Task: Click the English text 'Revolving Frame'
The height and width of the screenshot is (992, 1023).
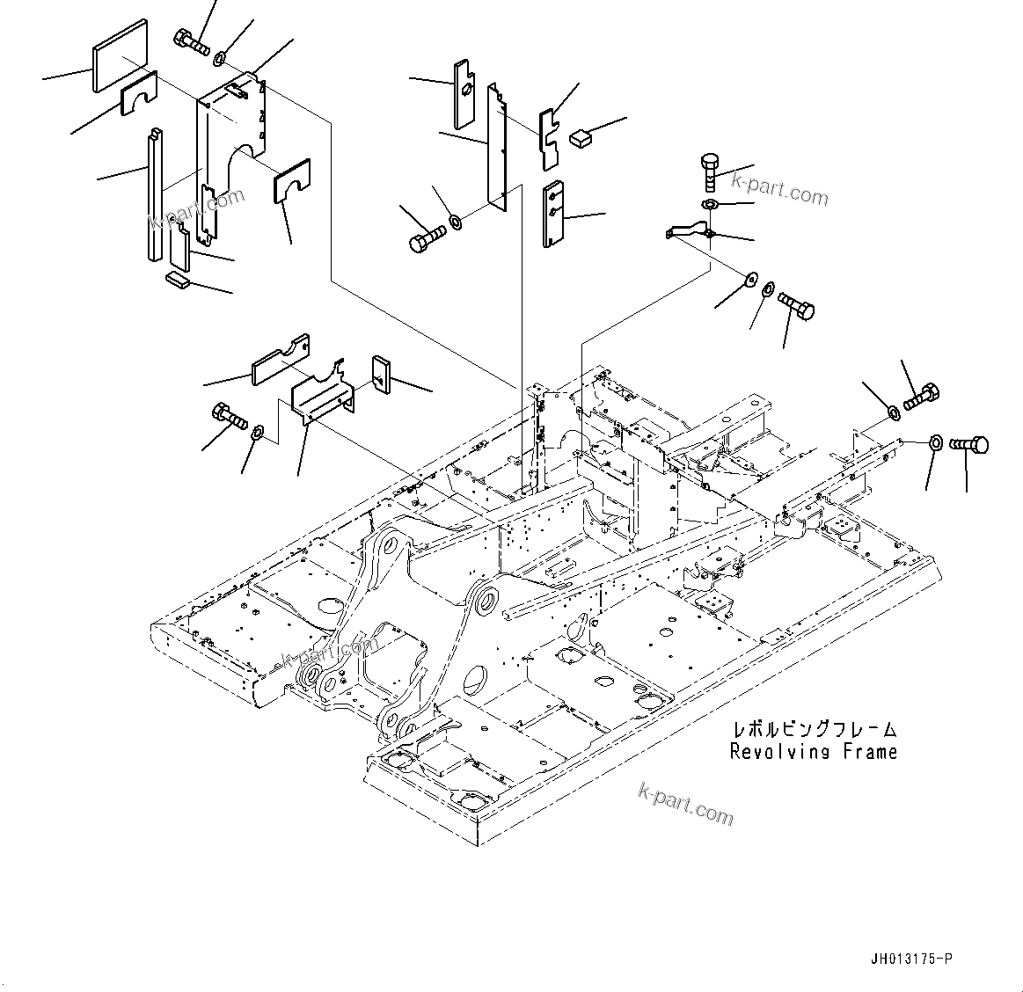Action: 813,752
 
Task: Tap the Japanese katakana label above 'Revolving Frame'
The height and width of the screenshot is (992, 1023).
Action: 814,730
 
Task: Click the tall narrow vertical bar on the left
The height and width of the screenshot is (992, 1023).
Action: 155,195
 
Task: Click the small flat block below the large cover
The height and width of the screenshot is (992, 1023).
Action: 178,280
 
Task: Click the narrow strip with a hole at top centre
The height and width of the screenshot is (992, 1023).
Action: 464,92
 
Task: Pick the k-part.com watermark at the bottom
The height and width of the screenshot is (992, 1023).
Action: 685,805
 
